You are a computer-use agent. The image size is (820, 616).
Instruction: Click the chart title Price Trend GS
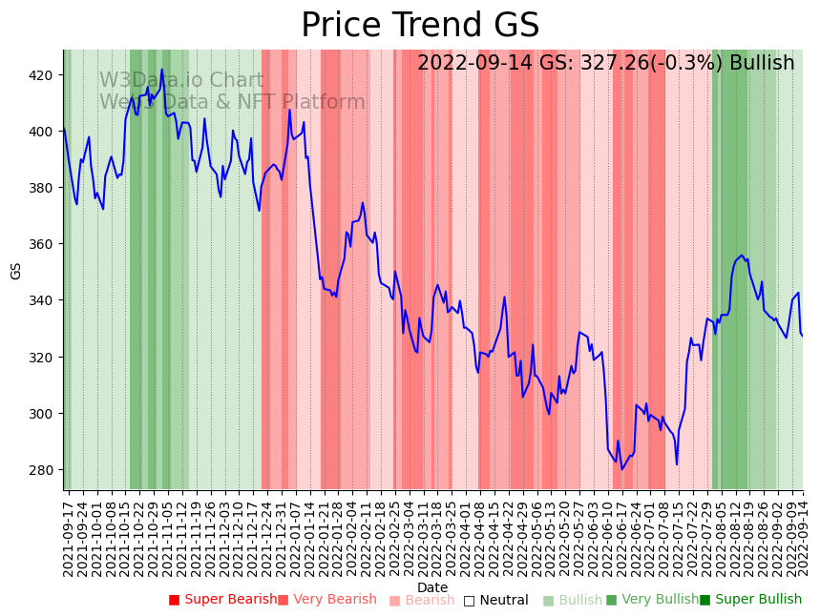[x=420, y=26]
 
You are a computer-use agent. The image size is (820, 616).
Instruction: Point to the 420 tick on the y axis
[x=45, y=74]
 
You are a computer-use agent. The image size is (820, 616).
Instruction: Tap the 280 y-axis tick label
[x=45, y=470]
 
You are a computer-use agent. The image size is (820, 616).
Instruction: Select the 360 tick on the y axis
[x=45, y=244]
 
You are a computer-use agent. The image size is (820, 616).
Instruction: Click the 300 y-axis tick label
[x=45, y=414]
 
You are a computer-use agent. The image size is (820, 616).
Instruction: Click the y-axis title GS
[x=15, y=271]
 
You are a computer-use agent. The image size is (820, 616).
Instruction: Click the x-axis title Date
[x=432, y=587]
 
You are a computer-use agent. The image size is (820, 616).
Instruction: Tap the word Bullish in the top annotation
[x=762, y=63]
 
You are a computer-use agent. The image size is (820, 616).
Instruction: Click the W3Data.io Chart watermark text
[x=181, y=80]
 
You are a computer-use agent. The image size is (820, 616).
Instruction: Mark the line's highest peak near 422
[x=162, y=69]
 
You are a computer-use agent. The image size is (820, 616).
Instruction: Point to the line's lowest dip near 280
[x=622, y=469]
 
